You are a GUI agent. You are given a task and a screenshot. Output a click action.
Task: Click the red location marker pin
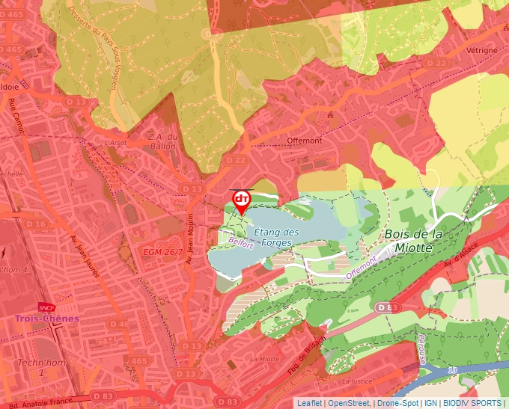241,200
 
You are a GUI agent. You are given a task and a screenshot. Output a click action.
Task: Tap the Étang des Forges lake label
276,238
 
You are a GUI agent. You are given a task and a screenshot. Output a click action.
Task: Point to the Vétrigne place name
481,50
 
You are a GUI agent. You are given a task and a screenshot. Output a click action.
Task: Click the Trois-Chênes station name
47,319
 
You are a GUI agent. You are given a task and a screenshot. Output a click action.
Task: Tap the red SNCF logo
46,307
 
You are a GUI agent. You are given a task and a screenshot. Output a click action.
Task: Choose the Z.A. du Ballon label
162,141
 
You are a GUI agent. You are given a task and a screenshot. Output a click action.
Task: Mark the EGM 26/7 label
162,253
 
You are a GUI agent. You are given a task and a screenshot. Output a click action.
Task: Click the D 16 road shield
35,224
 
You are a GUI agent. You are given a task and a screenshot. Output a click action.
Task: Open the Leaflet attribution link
309,403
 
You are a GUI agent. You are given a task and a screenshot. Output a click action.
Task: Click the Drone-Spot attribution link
397,403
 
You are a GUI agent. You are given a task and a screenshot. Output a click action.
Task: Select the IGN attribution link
430,403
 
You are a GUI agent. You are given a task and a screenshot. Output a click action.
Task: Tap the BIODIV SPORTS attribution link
472,403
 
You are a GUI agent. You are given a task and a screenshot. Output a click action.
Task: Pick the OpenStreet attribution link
349,403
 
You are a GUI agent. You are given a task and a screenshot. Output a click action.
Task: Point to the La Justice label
356,381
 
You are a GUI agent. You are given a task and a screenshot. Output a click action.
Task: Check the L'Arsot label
116,142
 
